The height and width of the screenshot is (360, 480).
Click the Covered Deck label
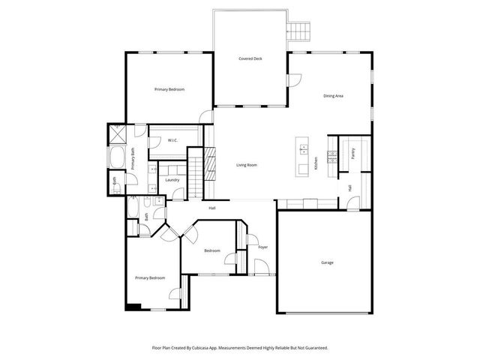(250, 58)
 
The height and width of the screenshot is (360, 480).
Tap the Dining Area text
(333, 96)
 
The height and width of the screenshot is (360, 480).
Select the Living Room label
(247, 165)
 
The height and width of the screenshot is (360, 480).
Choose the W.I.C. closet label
(172, 140)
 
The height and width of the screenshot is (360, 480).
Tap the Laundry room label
(172, 180)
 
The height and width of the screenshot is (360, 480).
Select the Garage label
(327, 262)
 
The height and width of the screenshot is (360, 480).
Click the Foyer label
(262, 247)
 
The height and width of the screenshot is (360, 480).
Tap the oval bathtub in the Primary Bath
(118, 157)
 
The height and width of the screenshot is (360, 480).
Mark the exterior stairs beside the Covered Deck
(299, 31)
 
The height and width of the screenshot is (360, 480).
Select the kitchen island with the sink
(302, 157)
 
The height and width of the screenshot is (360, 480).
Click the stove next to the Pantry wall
(334, 147)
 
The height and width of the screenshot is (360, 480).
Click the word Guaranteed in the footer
(314, 348)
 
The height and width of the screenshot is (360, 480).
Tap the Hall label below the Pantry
(349, 187)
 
